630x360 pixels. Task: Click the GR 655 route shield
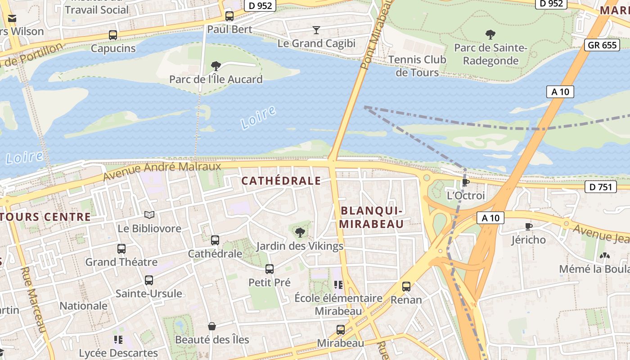coord(602,45)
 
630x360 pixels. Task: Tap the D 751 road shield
coord(600,187)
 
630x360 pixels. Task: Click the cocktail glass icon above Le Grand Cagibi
coord(316,30)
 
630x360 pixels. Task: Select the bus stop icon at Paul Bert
coord(229,16)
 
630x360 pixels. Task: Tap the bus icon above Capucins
coord(113,35)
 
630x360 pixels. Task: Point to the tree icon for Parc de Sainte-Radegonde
coord(490,34)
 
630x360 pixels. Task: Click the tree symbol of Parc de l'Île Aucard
coord(216,66)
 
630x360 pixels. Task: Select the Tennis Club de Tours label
coord(417,66)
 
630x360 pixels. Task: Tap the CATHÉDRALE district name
coord(281,181)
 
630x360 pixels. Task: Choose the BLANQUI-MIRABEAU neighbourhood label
coord(371,217)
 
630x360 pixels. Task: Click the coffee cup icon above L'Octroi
coord(466,182)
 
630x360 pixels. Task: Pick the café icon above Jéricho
coord(528,226)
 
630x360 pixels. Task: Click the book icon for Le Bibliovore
coord(149,215)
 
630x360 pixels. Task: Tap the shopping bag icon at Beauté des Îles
coord(211,326)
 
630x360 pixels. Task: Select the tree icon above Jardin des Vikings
coord(300,233)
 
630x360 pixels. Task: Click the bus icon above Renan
coord(406,286)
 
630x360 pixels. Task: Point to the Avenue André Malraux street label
coord(162,171)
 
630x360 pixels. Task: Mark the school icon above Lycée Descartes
coord(118,339)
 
